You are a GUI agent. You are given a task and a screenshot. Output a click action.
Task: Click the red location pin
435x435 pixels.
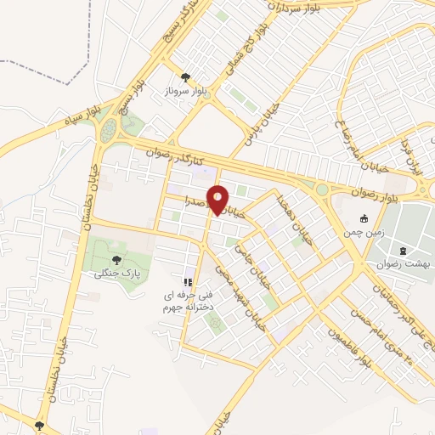[219, 199]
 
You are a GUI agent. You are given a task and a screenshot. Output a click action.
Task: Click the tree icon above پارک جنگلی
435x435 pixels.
[116, 259]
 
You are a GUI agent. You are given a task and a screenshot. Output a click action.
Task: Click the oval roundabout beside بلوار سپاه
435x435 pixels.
[108, 131]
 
